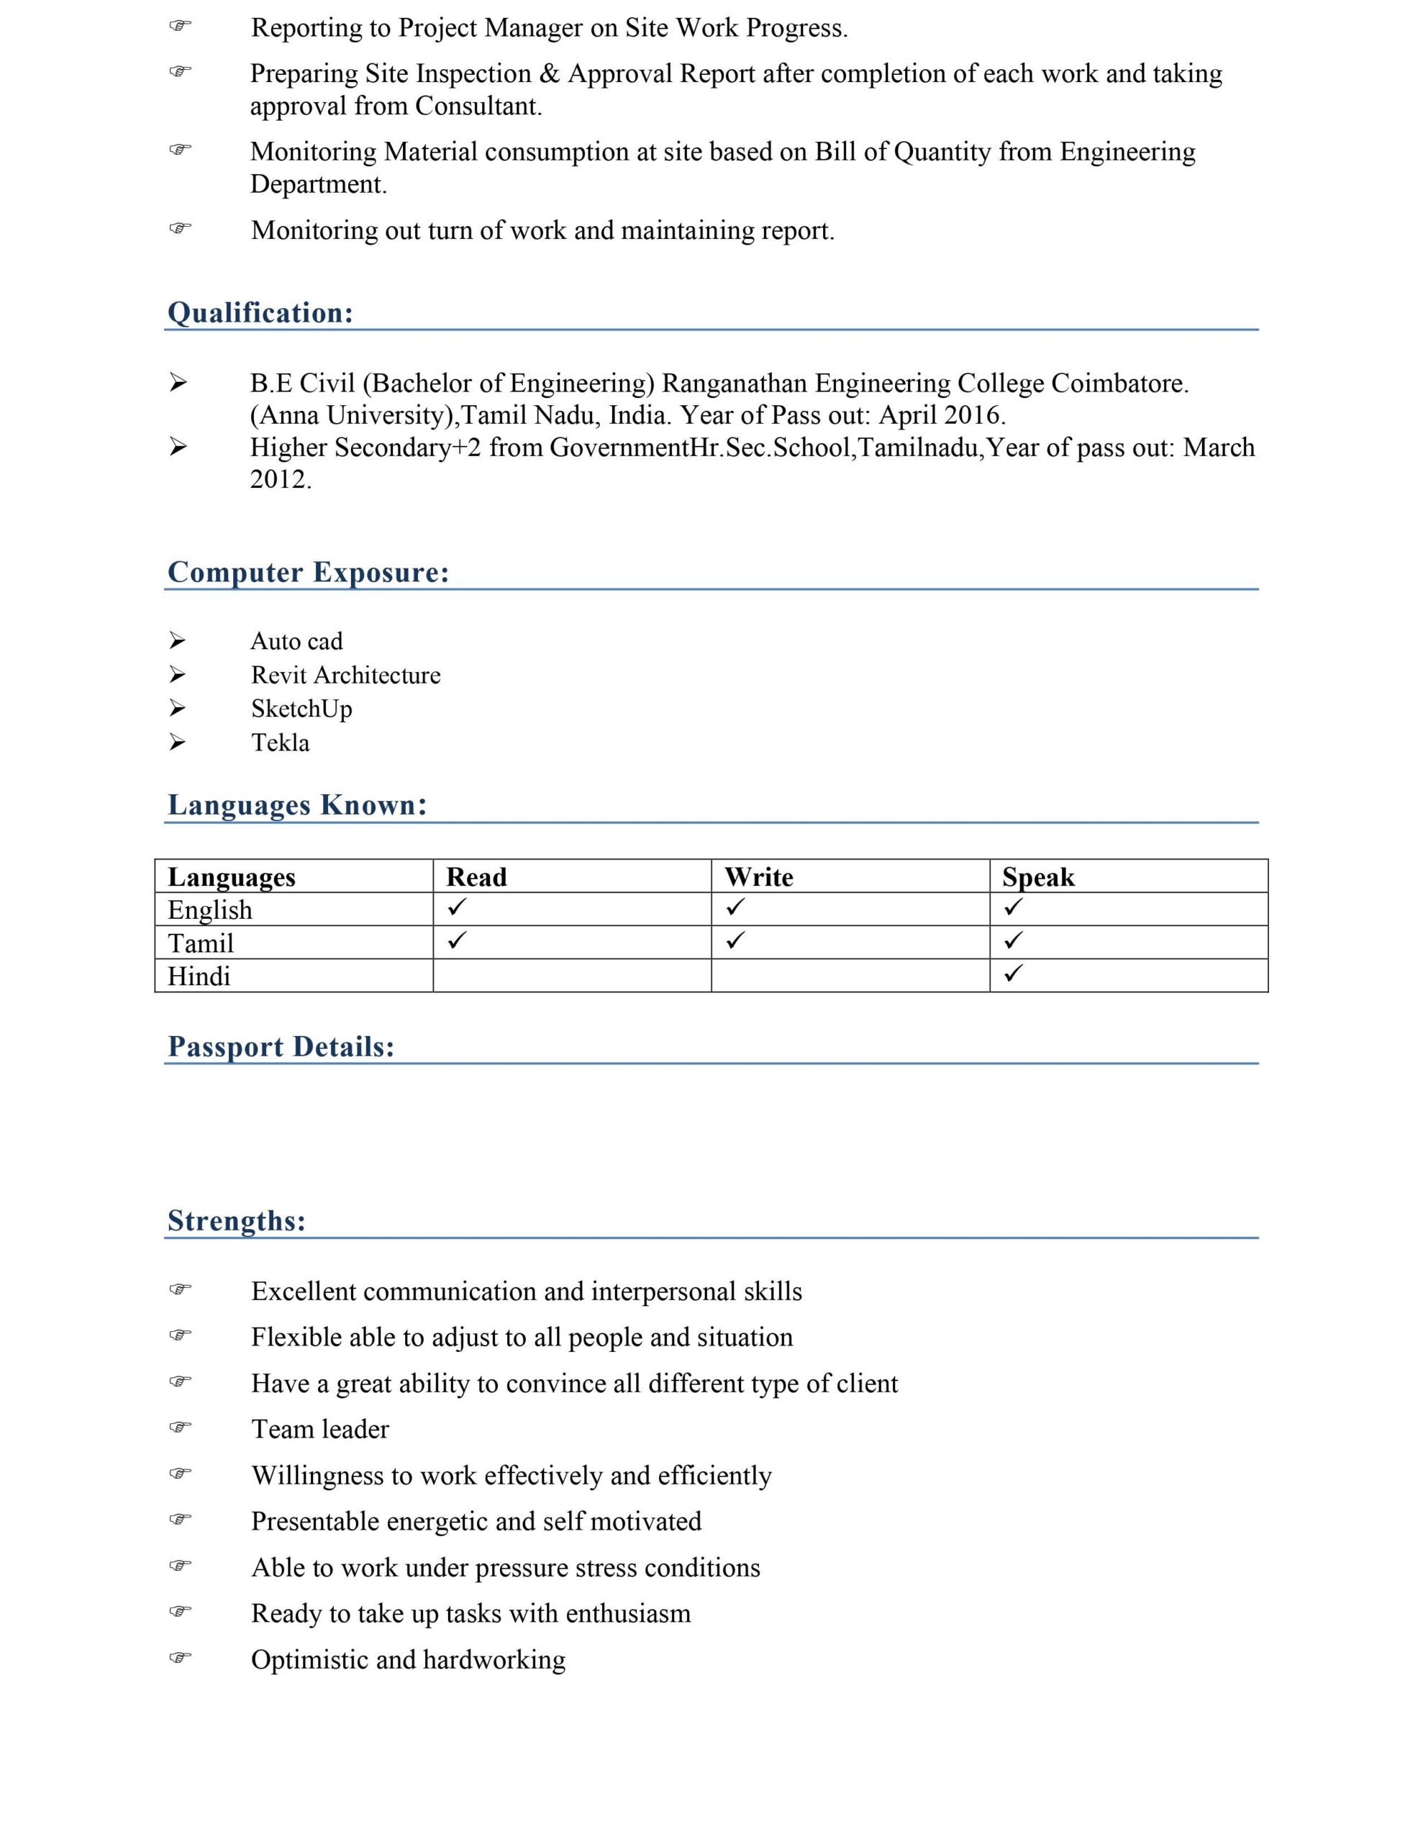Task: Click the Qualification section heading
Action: (260, 313)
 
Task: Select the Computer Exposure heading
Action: (308, 572)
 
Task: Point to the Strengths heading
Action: (236, 1220)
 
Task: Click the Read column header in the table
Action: (476, 877)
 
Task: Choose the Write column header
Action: (758, 877)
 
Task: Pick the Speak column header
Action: (1037, 877)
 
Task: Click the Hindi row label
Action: (199, 976)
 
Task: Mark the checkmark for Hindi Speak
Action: (1013, 973)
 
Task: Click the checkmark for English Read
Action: (456, 907)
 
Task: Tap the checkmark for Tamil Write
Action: (735, 940)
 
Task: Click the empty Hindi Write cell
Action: (850, 976)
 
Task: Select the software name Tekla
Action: (280, 743)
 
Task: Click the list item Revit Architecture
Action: (346, 676)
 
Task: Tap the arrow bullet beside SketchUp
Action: (177, 709)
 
